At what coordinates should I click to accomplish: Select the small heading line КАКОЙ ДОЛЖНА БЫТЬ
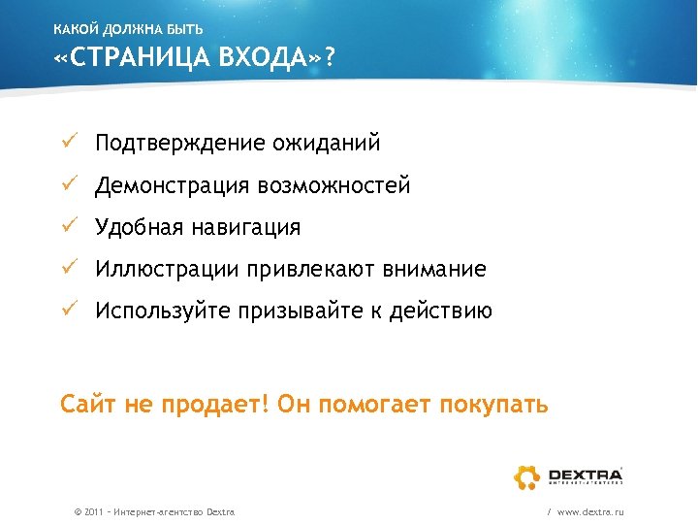click(x=128, y=29)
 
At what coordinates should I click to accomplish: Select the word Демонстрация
click(x=171, y=185)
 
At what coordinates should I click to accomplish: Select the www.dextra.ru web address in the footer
click(x=590, y=511)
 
